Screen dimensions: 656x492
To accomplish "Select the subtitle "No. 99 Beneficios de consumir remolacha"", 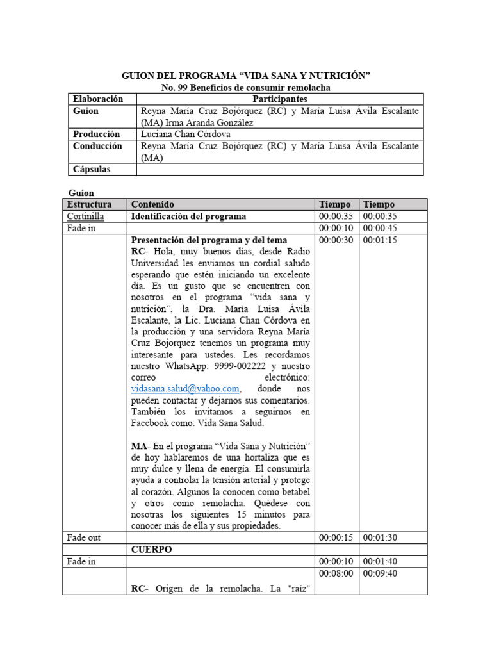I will pyautogui.click(x=245, y=88).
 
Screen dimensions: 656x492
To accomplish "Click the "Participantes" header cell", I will pyautogui.click(x=280, y=99).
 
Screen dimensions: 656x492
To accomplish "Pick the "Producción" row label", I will pyautogui.click(x=96, y=135).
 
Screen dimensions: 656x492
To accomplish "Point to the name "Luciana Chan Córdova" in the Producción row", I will pyautogui.click(x=186, y=135).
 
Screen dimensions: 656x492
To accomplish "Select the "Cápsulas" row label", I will pyautogui.click(x=92, y=169).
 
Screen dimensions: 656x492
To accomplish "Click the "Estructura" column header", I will pyautogui.click(x=90, y=204).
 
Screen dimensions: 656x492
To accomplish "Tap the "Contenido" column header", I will pyautogui.click(x=152, y=204).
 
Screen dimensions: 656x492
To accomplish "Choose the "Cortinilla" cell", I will pyautogui.click(x=86, y=217).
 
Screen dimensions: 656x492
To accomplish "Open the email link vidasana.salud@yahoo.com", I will pyautogui.click(x=186, y=388).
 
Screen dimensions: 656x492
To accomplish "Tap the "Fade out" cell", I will pyautogui.click(x=84, y=537).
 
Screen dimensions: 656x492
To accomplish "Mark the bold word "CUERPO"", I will pyautogui.click(x=152, y=550).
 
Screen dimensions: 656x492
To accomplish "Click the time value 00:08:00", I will pyautogui.click(x=336, y=573).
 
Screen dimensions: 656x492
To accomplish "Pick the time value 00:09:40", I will pyautogui.click(x=379, y=573).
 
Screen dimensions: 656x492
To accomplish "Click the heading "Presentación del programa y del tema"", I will pyautogui.click(x=209, y=240).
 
